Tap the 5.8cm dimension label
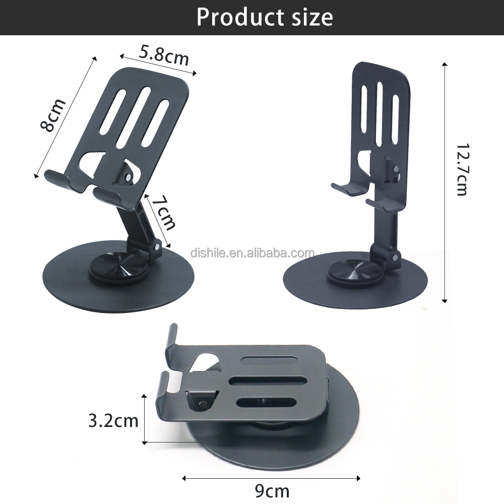(164, 54)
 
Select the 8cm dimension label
(52, 115)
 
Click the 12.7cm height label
(462, 169)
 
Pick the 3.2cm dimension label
(113, 421)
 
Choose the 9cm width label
(272, 491)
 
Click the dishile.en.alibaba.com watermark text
(253, 253)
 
